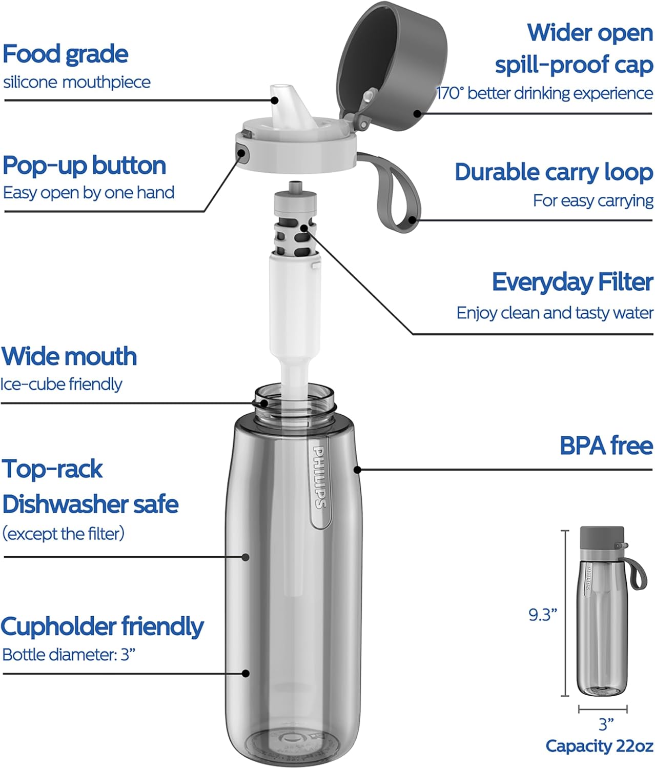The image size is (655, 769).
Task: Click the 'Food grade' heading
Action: [x=66, y=54]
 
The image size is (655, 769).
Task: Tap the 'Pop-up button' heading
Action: [x=85, y=166]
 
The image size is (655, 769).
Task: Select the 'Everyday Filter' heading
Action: [x=572, y=282]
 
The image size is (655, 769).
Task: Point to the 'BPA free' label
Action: [x=606, y=446]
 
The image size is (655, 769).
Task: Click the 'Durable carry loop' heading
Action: [x=554, y=172]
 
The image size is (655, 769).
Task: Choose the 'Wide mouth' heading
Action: [x=69, y=356]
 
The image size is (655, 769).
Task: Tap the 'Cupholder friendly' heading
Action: [x=103, y=626]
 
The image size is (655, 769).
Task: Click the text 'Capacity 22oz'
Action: [x=599, y=746]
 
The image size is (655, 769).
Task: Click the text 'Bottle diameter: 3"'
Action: [x=69, y=655]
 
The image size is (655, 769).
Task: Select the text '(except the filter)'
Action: [x=64, y=534]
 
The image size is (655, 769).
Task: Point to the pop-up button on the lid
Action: [x=241, y=152]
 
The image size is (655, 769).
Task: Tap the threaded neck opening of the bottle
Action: [x=295, y=402]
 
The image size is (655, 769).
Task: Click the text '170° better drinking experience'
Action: [x=544, y=93]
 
